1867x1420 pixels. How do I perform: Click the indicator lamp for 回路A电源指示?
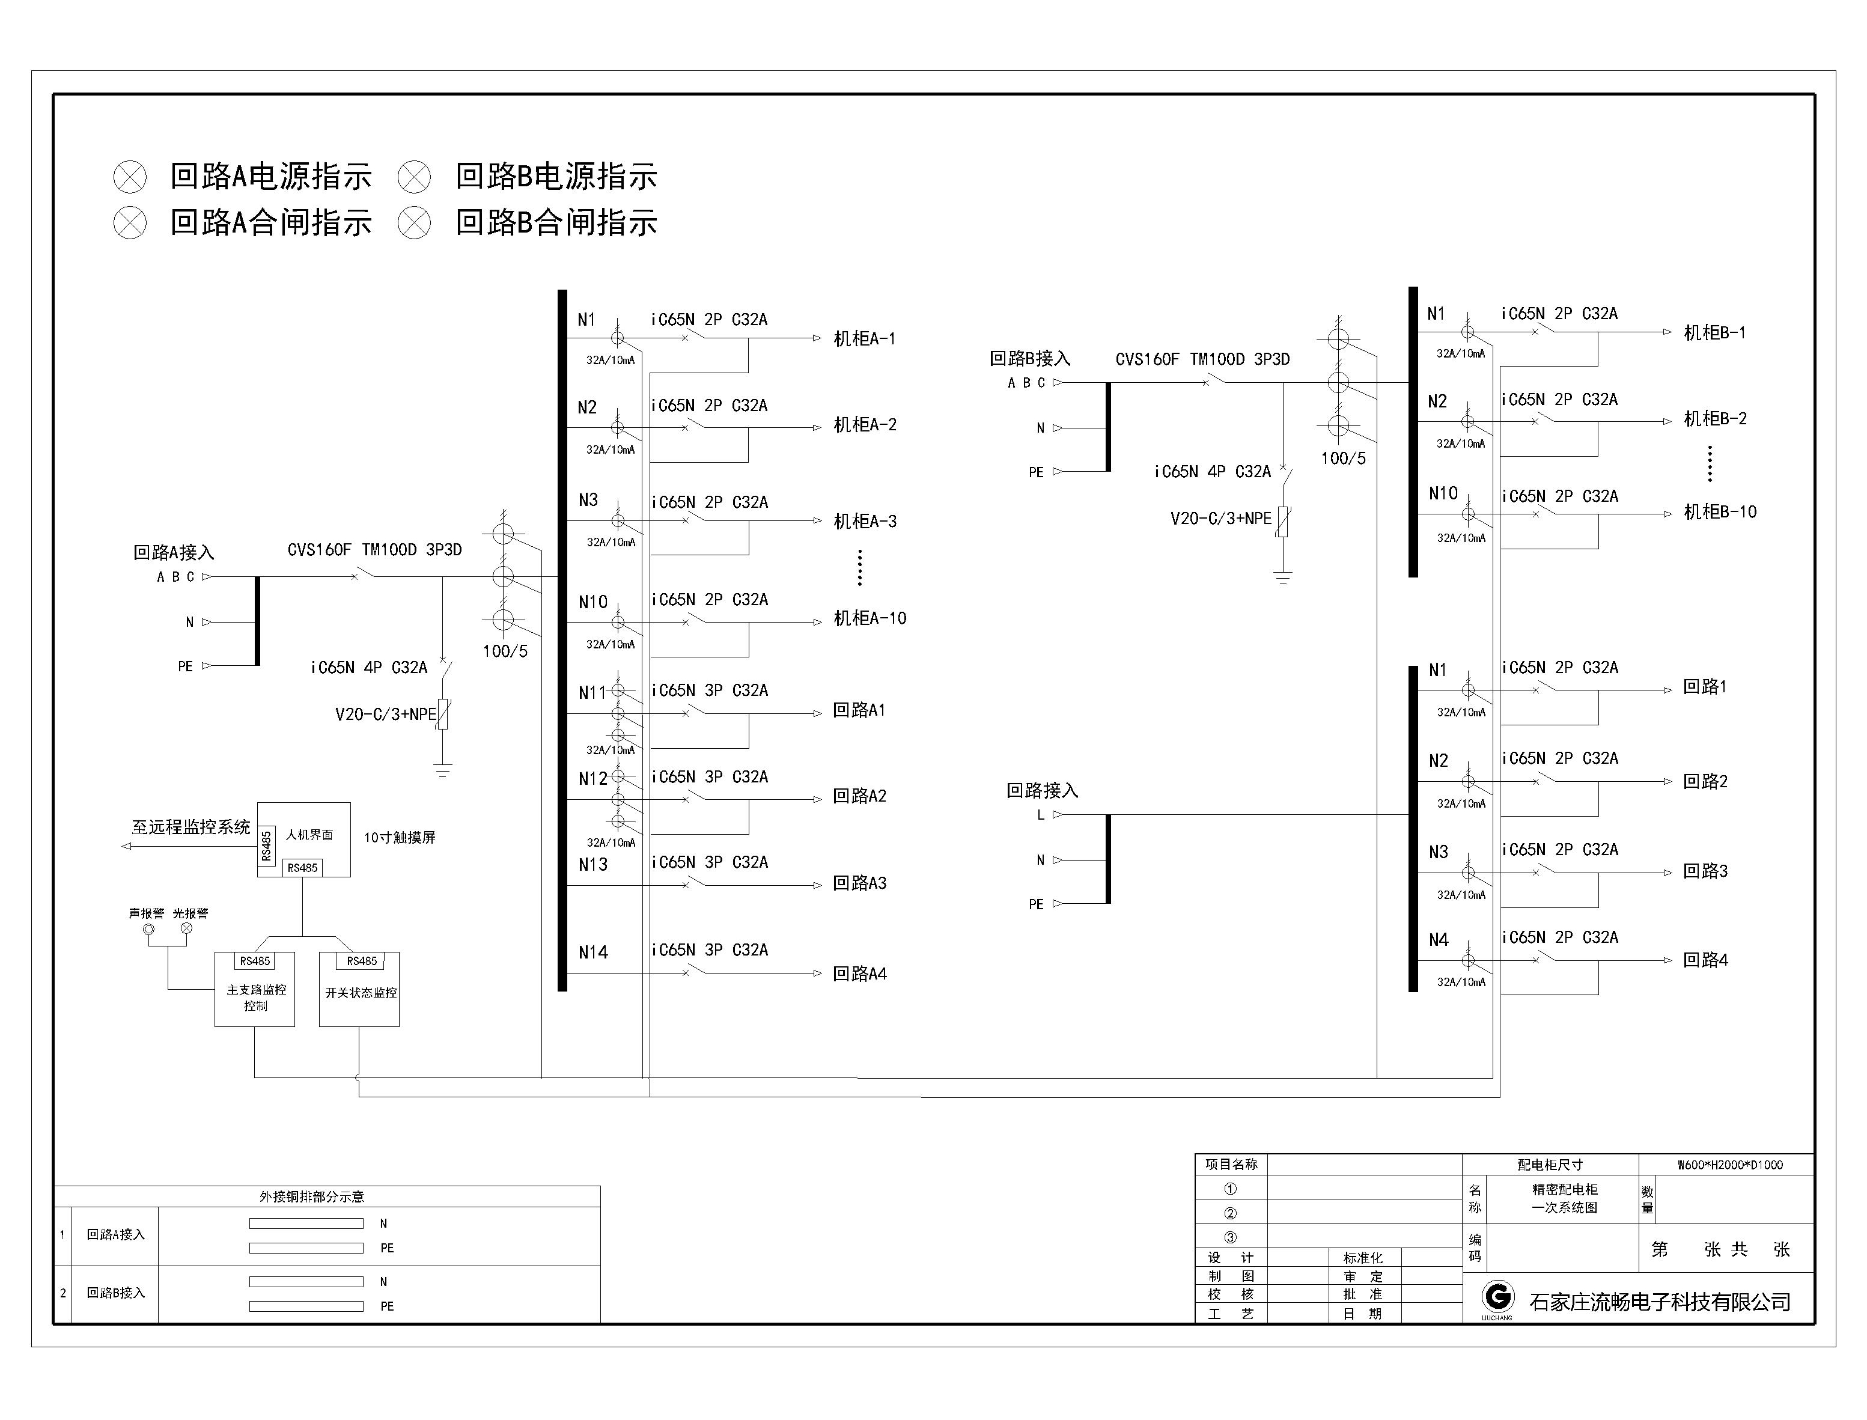[130, 177]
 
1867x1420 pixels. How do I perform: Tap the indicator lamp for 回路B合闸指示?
[414, 223]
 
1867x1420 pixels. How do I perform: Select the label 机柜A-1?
[863, 339]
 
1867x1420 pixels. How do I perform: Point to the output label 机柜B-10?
[1719, 512]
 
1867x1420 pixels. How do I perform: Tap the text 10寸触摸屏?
[400, 838]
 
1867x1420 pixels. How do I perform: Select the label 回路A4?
[859, 974]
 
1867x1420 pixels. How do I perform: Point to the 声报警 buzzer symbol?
[150, 930]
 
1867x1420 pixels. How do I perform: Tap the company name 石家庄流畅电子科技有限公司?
[1659, 1302]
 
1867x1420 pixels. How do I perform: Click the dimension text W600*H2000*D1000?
[1729, 1165]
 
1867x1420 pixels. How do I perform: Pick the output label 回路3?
[1705, 871]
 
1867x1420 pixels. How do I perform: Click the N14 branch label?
[592, 952]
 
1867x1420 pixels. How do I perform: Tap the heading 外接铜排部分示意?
[311, 1196]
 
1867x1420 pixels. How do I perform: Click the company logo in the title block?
[1497, 1297]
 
